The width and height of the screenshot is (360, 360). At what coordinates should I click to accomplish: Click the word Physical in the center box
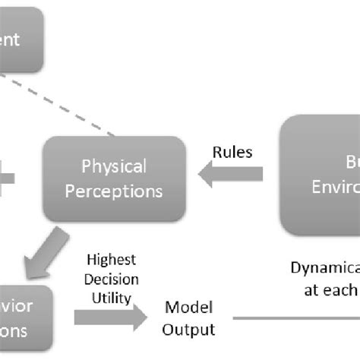(114, 166)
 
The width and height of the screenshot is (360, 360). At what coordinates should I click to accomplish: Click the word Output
(189, 329)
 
